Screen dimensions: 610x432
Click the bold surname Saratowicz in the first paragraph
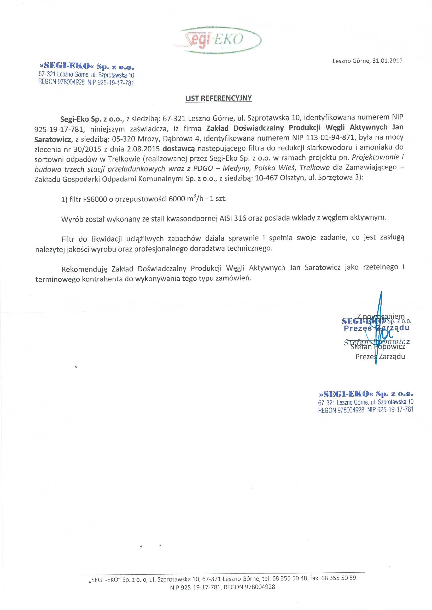(x=52, y=137)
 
